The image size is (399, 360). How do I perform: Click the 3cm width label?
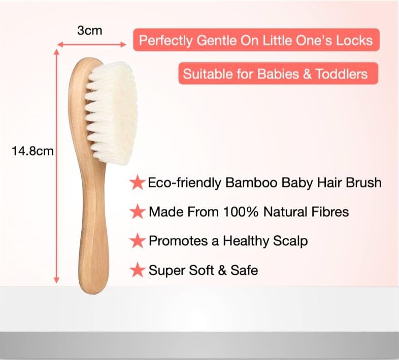89,30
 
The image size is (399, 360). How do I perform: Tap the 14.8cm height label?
32,151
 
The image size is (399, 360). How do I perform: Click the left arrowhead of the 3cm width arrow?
60,45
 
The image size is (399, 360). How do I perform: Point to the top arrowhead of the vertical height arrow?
56,52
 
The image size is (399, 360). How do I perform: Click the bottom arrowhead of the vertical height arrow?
56,280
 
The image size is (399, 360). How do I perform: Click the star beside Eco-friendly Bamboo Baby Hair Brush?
137,183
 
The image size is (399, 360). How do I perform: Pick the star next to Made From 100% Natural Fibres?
137,211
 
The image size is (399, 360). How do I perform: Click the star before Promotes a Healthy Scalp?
137,241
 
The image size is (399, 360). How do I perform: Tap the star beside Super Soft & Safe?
137,270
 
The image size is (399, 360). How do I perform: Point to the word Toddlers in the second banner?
342,74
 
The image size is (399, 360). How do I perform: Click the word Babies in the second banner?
278,74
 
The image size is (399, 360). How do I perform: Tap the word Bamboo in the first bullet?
251,183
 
